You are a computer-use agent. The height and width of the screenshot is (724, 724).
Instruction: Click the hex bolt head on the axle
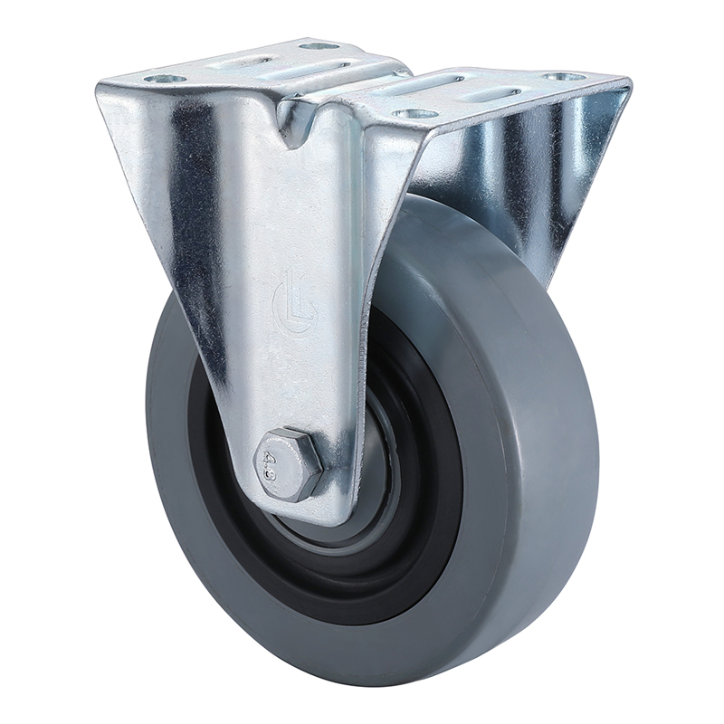tap(290, 463)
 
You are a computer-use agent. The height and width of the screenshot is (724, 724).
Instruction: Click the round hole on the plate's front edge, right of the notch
tap(415, 113)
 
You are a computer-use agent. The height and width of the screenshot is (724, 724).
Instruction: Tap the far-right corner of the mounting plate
tap(628, 83)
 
